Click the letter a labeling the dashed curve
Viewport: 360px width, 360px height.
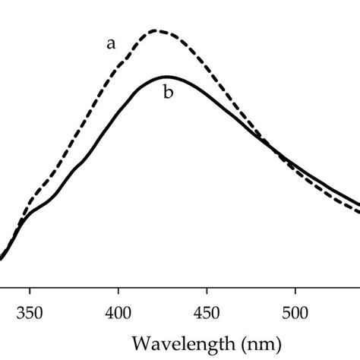point(111,44)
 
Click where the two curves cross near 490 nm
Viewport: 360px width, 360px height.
point(278,156)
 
